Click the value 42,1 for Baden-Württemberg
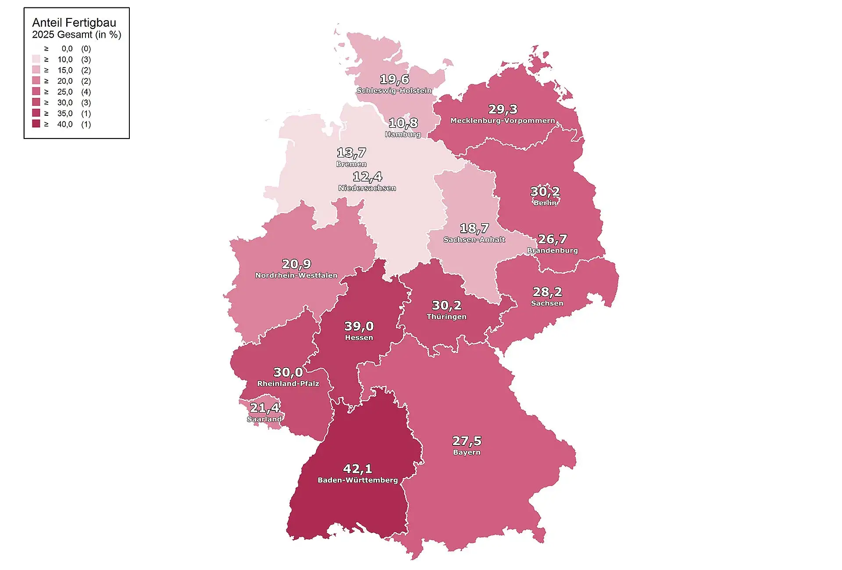[x=357, y=469]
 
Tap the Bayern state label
[x=467, y=452]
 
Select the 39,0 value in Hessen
[x=359, y=326]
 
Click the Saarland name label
[x=264, y=419]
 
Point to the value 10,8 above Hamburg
[x=403, y=123]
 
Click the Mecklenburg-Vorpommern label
[x=503, y=121]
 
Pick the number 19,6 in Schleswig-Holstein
[x=394, y=79]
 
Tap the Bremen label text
[x=351, y=164]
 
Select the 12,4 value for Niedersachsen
[x=367, y=177]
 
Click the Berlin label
[x=545, y=203]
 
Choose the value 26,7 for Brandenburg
[x=553, y=239]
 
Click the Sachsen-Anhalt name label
[x=474, y=239]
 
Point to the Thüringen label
[x=446, y=317]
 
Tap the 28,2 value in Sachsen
[x=547, y=292]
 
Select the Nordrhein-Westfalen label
[x=296, y=275]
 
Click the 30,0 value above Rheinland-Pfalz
[x=288, y=372]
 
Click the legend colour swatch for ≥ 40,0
[x=36, y=124]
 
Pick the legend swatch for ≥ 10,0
[x=36, y=59]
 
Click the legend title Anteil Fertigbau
[x=74, y=23]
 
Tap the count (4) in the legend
[x=86, y=92]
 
